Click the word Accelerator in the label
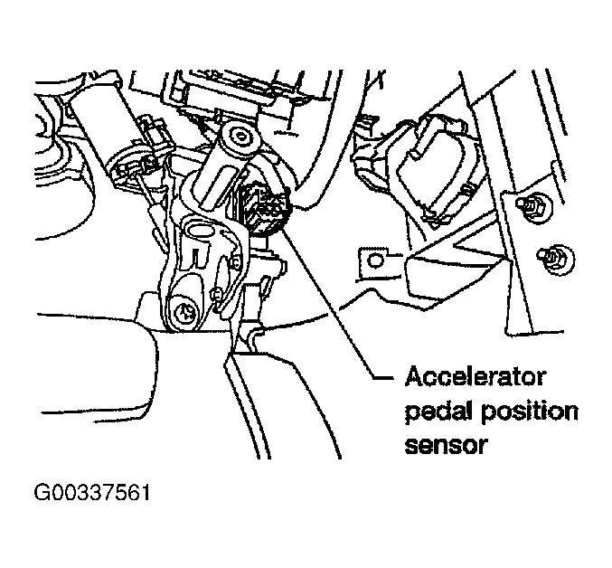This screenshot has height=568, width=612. coord(475,377)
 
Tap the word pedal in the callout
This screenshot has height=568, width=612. coord(439,412)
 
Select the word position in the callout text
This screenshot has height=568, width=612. coord(530,412)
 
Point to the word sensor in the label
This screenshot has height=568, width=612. coord(447,445)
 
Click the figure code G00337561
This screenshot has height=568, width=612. coord(92,493)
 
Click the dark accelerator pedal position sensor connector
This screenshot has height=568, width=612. coord(264,208)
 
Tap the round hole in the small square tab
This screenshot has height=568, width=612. coord(375,261)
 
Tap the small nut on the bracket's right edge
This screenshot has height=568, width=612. coord(235,263)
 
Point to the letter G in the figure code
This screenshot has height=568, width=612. coord(42,493)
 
